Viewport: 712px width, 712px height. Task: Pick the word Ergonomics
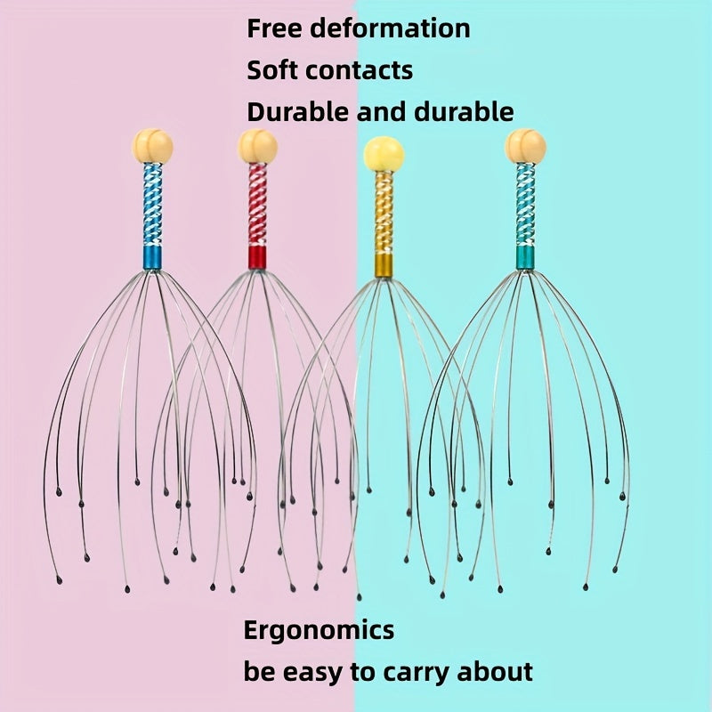(319, 630)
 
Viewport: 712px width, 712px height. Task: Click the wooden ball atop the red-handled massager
(258, 146)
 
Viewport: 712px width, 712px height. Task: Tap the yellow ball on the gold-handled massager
(384, 155)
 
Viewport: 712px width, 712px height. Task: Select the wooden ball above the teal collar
(525, 145)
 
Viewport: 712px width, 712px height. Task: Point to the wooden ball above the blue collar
(152, 145)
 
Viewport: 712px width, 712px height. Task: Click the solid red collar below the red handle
(257, 257)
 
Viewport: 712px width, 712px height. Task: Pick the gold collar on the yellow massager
(384, 264)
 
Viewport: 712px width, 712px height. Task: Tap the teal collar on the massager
(525, 257)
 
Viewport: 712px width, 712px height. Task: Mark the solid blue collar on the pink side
(152, 257)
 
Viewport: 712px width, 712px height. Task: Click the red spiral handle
(257, 206)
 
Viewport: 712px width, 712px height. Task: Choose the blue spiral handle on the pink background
(152, 206)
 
